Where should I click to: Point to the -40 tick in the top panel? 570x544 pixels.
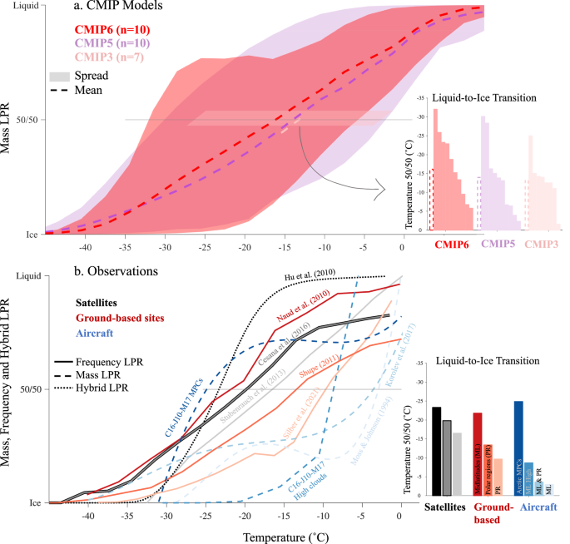click(x=84, y=247)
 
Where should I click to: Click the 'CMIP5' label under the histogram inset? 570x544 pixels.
click(x=498, y=245)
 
